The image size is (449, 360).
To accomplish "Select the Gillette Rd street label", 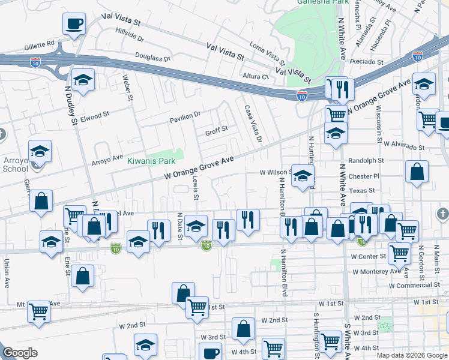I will (x=40, y=44).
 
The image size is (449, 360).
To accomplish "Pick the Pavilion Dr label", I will (x=184, y=115).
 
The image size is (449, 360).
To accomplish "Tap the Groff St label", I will (x=217, y=129).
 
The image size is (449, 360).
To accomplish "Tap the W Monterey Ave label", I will (x=376, y=271).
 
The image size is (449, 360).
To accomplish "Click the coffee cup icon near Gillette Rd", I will (x=74, y=24).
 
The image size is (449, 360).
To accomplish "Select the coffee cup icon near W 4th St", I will (x=210, y=352).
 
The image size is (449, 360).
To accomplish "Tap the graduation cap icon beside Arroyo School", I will (x=40, y=151).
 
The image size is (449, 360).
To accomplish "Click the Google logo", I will (x=20, y=353).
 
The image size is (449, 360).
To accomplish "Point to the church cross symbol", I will (x=442, y=214).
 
